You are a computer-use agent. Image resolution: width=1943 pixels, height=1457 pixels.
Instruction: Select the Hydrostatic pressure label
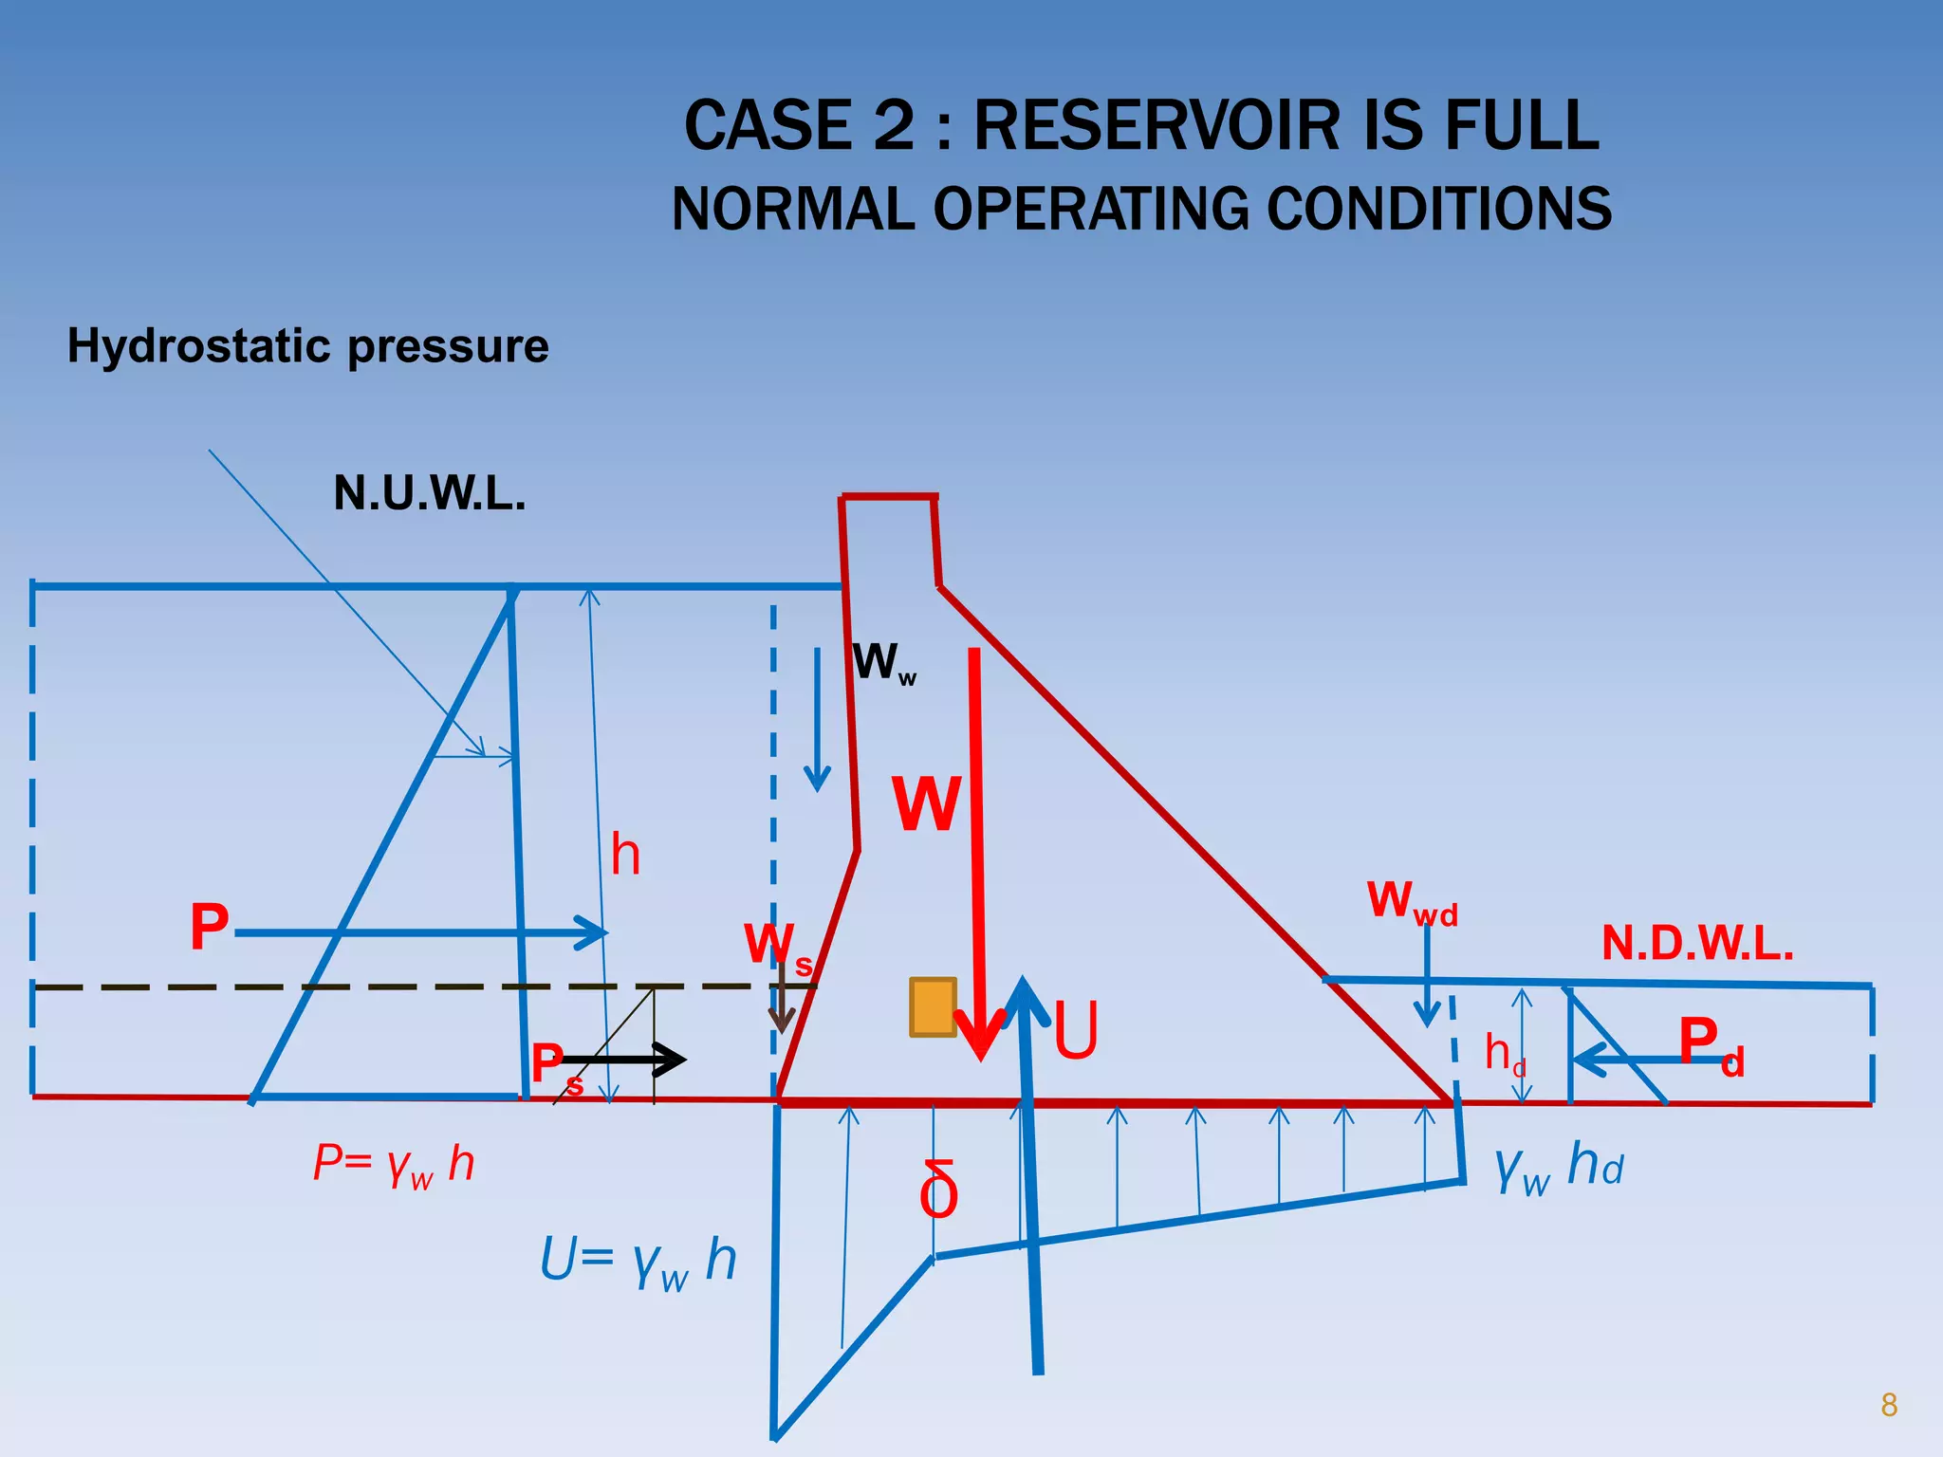click(x=307, y=346)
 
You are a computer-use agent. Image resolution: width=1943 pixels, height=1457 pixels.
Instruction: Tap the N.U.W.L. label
click(x=429, y=494)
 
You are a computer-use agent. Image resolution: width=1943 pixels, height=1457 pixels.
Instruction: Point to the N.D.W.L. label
click(x=1697, y=944)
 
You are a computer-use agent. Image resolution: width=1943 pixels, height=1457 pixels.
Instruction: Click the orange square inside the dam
click(x=933, y=1007)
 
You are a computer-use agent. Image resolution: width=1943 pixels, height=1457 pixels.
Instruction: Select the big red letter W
click(x=926, y=804)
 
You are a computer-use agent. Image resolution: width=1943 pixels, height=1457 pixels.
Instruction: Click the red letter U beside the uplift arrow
click(x=1076, y=1031)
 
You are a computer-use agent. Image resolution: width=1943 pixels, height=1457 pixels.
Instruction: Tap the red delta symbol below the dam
click(x=938, y=1190)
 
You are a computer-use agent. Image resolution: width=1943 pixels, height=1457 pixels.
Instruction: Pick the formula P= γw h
click(x=394, y=1164)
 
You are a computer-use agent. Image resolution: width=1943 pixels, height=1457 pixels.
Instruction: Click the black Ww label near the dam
click(x=882, y=662)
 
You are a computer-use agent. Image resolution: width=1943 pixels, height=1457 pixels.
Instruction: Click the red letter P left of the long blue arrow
click(x=210, y=927)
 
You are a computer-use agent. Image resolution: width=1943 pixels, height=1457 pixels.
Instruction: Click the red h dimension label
click(x=625, y=855)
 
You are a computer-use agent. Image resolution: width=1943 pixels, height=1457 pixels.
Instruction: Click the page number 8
click(x=1888, y=1405)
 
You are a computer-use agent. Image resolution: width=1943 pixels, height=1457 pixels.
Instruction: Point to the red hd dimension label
click(x=1504, y=1055)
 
